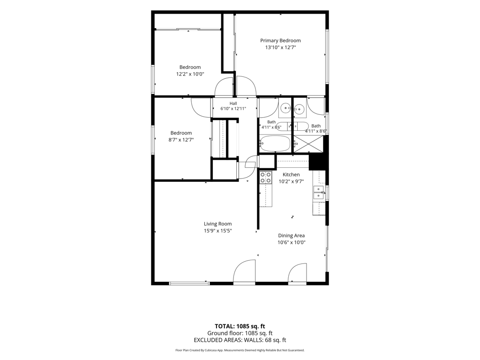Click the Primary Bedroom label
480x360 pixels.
click(280, 40)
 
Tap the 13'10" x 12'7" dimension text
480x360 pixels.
click(280, 47)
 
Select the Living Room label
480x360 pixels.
click(217, 224)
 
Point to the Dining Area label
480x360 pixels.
click(291, 235)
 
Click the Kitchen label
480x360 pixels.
click(291, 174)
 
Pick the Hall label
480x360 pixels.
click(233, 104)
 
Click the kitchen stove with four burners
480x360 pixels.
click(266, 177)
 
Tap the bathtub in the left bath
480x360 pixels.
click(275, 143)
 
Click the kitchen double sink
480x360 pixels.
click(319, 193)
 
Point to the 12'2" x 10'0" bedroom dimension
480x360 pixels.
click(190, 74)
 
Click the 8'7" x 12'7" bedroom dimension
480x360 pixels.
click(181, 140)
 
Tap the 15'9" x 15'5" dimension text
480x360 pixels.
click(217, 231)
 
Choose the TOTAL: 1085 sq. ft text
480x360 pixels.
click(240, 326)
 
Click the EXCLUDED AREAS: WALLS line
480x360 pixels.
click(240, 340)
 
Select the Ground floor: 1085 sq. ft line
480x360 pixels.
click(240, 333)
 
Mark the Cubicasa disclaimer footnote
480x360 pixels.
click(240, 350)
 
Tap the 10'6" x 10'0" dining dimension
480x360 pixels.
click(292, 242)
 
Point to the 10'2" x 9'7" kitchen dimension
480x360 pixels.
click(291, 181)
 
